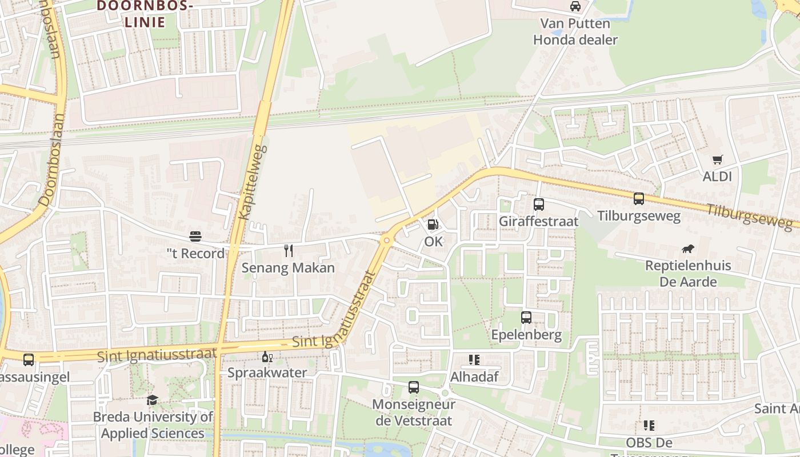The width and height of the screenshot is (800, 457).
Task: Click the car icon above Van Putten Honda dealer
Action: coord(575,6)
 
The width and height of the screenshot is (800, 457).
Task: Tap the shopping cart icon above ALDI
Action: coord(717,160)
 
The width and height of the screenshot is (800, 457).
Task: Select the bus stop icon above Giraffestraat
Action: coord(538,205)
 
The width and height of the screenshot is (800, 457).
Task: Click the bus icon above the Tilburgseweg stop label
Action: coord(639,199)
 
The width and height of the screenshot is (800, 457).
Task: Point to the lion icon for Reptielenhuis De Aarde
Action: coord(688,248)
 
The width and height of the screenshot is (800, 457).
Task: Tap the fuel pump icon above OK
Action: coord(433,225)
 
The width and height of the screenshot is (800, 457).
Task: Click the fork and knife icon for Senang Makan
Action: coord(289,250)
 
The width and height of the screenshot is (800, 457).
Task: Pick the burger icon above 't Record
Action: coord(195,236)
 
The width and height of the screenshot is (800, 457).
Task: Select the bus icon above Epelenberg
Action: coord(526,318)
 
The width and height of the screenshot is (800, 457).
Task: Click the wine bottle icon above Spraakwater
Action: coord(266,356)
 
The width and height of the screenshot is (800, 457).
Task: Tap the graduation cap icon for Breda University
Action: coord(152,400)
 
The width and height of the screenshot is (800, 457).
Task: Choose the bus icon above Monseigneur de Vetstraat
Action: coord(414,387)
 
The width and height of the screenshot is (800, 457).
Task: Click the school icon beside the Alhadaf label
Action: coord(474,360)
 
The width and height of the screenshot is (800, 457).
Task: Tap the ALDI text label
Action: coord(717,177)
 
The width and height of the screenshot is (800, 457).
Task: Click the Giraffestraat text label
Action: coord(538,221)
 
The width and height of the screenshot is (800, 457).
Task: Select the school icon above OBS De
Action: coord(649,426)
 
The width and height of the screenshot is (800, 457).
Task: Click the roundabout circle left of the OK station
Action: coord(387,240)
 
